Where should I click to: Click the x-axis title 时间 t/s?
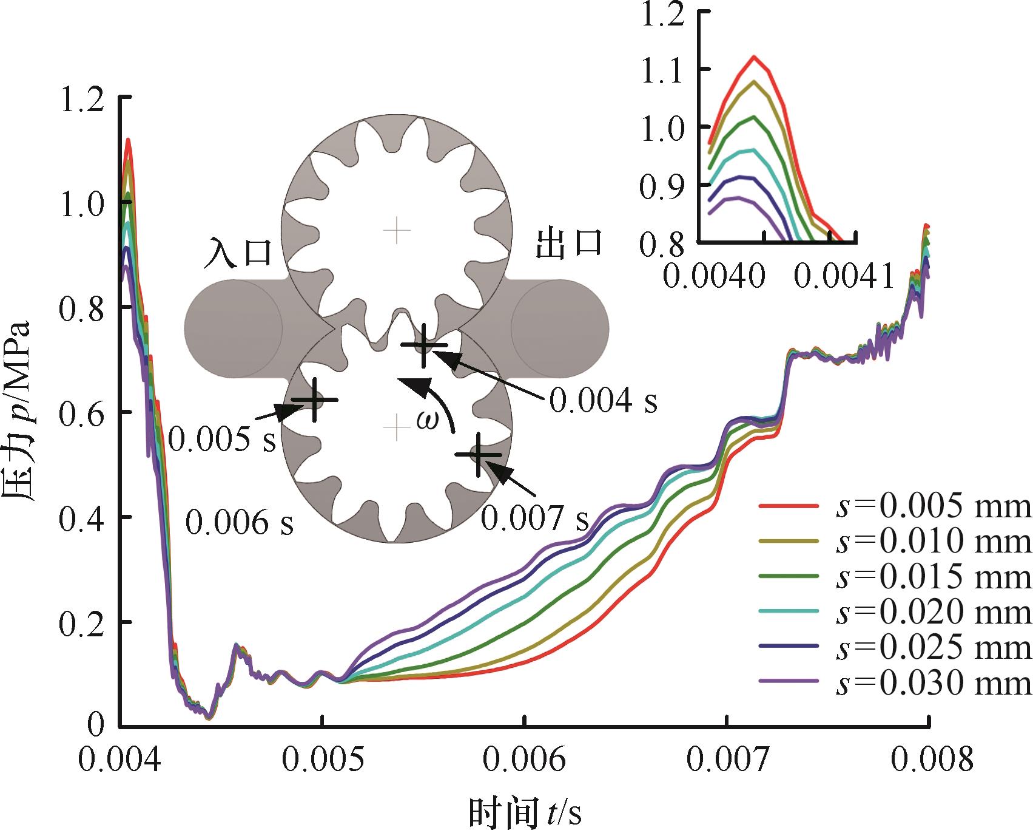coord(525,812)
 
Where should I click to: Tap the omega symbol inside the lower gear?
coord(426,420)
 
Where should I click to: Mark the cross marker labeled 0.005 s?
coord(314,400)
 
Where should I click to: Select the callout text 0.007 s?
coord(534,518)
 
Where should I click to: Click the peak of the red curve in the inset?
coord(754,56)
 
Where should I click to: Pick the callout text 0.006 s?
coord(239,522)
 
